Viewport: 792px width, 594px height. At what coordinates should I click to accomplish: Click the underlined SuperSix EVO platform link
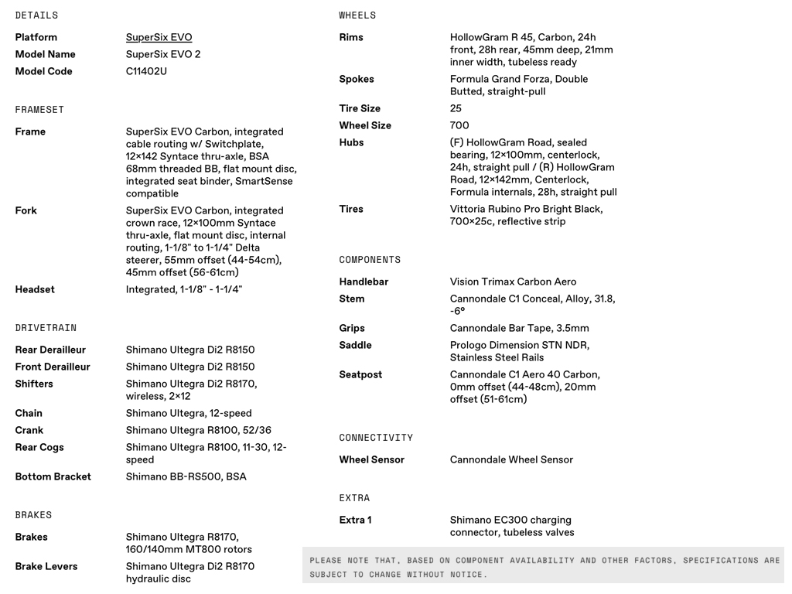159,37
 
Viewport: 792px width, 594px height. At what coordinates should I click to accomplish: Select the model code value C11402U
146,71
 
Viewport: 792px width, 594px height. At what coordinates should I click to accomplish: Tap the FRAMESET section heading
39,110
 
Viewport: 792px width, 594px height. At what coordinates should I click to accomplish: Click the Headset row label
35,289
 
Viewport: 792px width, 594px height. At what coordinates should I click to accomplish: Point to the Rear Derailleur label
50,350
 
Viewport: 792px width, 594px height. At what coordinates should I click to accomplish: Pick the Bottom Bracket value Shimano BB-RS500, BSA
186,476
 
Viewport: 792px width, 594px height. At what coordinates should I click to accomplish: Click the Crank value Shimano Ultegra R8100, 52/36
198,430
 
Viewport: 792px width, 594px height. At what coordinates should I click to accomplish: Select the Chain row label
29,413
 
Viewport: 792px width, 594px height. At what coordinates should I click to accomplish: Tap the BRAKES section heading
33,515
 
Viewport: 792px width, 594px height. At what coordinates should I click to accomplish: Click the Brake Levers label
46,566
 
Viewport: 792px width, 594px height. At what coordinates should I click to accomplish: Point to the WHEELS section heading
357,15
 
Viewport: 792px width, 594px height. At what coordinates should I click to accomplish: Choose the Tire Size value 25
456,108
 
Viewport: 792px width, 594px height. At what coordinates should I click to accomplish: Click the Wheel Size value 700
459,125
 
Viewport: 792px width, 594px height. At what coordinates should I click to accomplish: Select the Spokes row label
356,79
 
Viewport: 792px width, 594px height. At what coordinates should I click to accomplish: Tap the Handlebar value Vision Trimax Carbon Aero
513,282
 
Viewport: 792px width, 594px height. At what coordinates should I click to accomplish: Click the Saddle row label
355,345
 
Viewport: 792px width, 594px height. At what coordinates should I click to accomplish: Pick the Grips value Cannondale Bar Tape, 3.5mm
519,328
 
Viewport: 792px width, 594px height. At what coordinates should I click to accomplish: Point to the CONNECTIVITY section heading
376,438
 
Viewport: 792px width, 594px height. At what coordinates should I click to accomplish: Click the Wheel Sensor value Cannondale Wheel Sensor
511,459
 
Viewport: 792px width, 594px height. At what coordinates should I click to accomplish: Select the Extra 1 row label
355,520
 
